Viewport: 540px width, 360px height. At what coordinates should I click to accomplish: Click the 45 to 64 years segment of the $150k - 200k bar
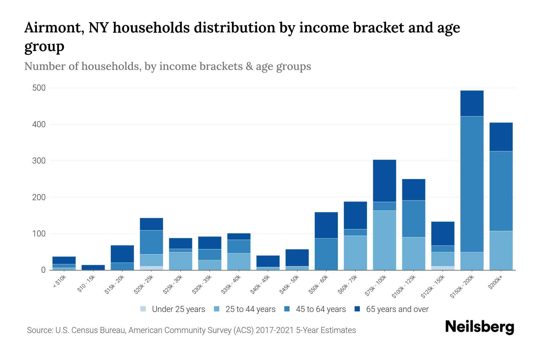click(472, 184)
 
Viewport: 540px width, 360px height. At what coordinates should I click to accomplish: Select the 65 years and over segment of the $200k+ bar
click(501, 137)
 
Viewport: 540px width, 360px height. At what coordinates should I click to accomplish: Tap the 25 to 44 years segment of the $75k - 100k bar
click(384, 240)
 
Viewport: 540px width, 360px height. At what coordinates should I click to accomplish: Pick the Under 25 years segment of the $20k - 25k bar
click(151, 268)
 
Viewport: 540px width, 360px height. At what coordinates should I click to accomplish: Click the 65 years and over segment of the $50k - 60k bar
click(326, 225)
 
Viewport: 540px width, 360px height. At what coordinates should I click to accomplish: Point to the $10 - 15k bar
click(93, 267)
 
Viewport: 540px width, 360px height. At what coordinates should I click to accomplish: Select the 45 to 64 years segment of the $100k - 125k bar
click(414, 219)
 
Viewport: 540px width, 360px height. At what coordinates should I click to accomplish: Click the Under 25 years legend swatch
click(143, 309)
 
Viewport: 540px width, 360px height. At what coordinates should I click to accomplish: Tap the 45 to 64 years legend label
click(321, 309)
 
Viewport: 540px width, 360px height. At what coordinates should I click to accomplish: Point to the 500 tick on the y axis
click(39, 88)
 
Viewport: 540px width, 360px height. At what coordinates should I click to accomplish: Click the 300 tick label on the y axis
click(39, 161)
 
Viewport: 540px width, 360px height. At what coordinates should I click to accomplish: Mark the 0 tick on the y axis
click(43, 270)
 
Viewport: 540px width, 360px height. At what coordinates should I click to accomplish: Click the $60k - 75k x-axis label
click(348, 284)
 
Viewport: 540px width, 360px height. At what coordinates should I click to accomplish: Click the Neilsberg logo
click(479, 327)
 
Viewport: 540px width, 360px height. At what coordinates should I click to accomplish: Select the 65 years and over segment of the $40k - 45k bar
click(268, 261)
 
